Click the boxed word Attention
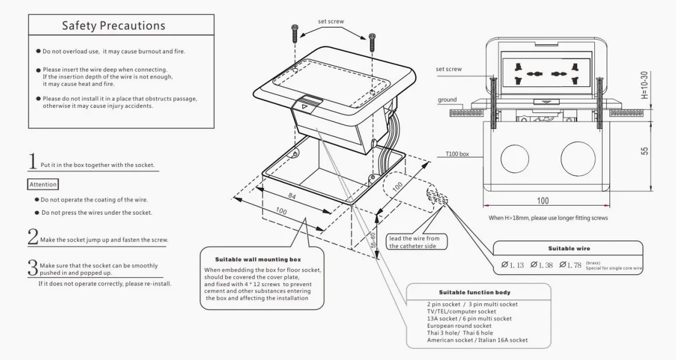(43, 185)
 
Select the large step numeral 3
(34, 267)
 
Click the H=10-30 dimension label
(644, 86)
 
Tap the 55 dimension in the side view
(644, 152)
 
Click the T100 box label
(457, 153)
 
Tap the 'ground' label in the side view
(447, 100)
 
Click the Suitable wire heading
(569, 248)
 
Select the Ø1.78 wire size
(571, 265)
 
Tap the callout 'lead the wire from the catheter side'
(414, 242)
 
